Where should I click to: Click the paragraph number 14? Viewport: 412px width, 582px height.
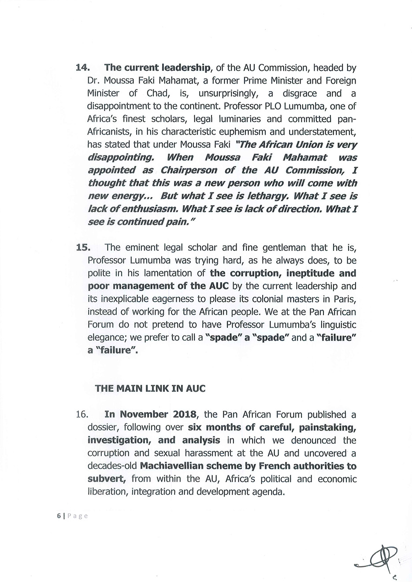tap(83, 68)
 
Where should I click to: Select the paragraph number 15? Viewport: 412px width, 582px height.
tap(83, 247)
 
